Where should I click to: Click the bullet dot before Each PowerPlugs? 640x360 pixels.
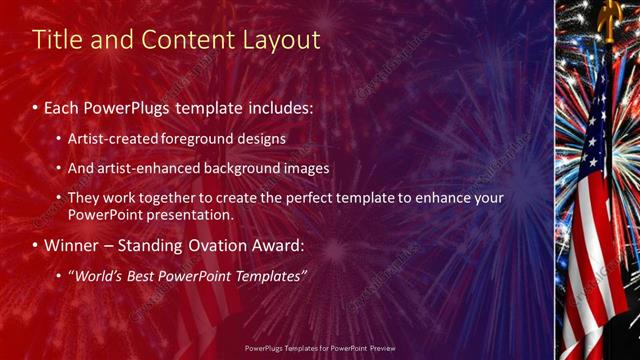point(36,106)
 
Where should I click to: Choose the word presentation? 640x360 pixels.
point(187,214)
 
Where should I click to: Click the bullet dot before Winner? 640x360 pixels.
point(36,245)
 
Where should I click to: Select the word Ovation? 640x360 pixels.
point(225,245)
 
